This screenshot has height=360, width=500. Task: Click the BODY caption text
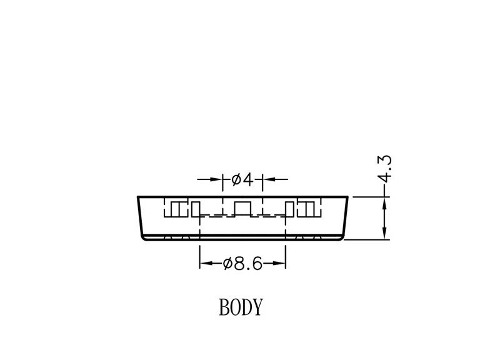[241, 307]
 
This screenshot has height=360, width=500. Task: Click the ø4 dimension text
[242, 179]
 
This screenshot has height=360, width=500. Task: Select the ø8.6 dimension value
[242, 263]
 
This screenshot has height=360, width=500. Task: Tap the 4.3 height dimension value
[385, 169]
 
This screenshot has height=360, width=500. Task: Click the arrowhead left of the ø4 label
[216, 179]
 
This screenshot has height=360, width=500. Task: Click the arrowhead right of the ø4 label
[269, 179]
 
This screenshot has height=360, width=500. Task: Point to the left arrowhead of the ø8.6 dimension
[206, 263]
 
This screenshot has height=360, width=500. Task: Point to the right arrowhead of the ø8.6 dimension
[279, 263]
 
